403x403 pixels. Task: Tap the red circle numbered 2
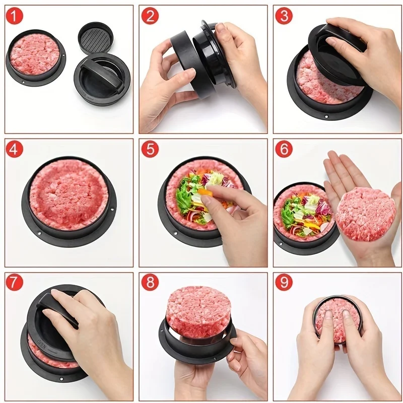[150, 17]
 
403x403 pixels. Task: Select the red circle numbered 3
[284, 16]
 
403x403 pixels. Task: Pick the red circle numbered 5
[150, 150]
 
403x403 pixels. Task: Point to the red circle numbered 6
[284, 150]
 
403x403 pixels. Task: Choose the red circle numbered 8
[150, 283]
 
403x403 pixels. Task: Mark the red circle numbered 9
[284, 283]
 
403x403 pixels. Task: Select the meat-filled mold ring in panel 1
[34, 55]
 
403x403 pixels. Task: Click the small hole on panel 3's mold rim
[326, 116]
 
